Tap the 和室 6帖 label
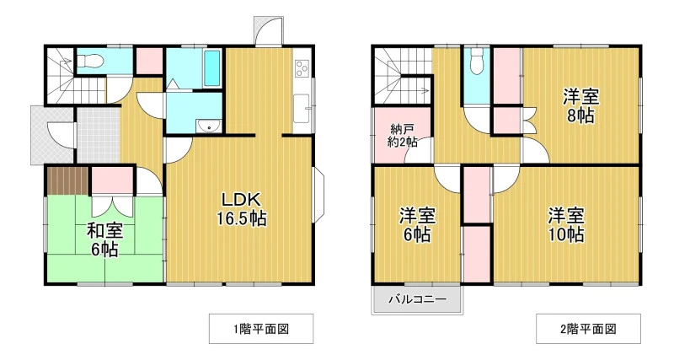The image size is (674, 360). pyautogui.click(x=105, y=239)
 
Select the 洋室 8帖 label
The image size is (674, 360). pyautogui.click(x=580, y=106)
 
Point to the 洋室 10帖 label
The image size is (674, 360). pyautogui.click(x=565, y=224)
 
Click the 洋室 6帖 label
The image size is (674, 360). pyautogui.click(x=417, y=224)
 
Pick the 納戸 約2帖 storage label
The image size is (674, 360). pyautogui.click(x=402, y=136)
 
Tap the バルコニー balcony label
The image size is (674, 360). pyautogui.click(x=417, y=299)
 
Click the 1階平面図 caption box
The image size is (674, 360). pyautogui.click(x=261, y=329)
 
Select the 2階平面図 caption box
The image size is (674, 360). pyautogui.click(x=588, y=329)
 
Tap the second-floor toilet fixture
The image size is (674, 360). pyautogui.click(x=477, y=60)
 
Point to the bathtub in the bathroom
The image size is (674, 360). pyautogui.click(x=212, y=68)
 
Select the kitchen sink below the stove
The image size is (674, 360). pyautogui.click(x=302, y=108)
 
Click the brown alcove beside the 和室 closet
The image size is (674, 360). pyautogui.click(x=67, y=180)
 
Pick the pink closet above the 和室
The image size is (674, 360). pyautogui.click(x=112, y=180)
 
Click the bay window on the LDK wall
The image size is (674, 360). pyautogui.click(x=318, y=195)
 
